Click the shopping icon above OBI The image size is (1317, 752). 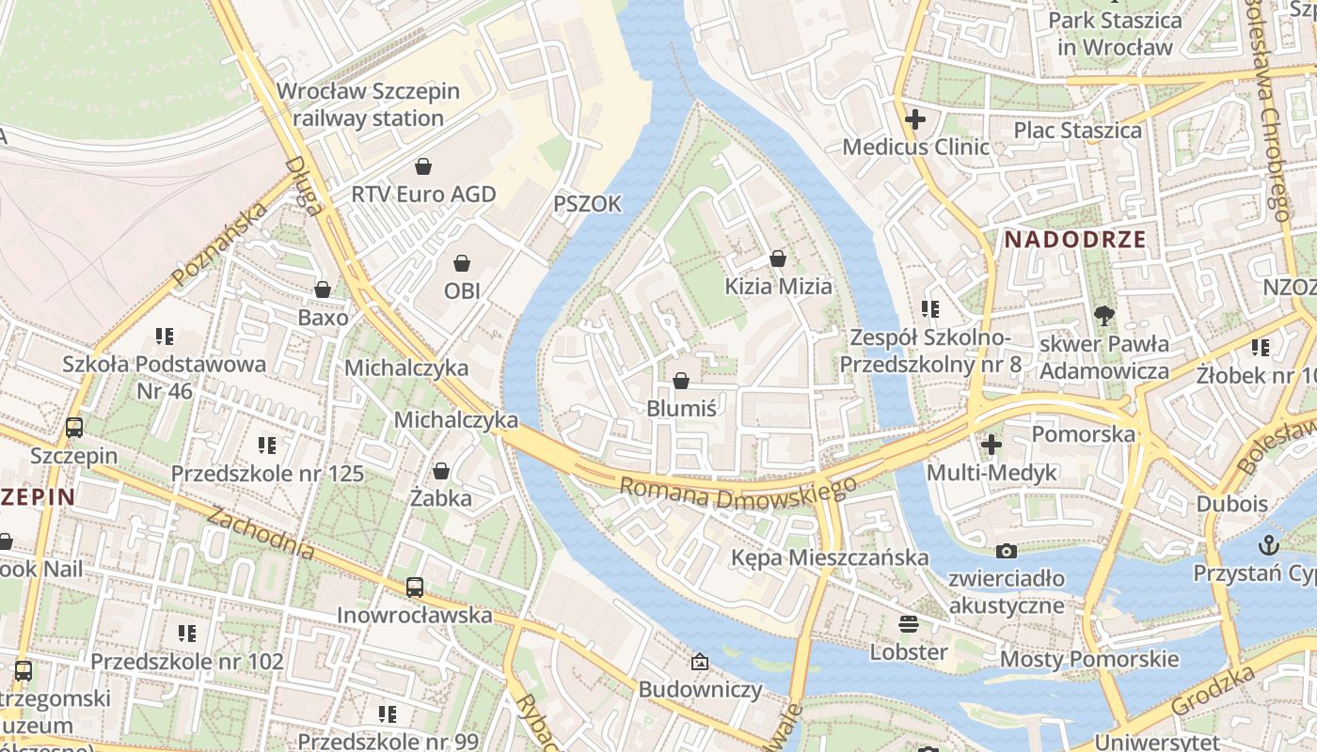click(x=462, y=263)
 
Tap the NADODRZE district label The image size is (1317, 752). click(x=1075, y=239)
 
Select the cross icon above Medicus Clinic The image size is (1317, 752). click(x=914, y=119)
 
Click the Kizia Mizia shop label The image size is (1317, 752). click(x=778, y=286)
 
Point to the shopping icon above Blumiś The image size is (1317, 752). click(x=681, y=381)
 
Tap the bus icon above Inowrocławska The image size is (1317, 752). click(x=415, y=587)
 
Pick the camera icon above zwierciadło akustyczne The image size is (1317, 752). click(x=1007, y=551)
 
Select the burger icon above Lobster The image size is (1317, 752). click(x=909, y=623)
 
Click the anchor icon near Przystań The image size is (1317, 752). click(x=1269, y=545)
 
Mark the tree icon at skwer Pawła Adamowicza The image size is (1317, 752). click(x=1104, y=316)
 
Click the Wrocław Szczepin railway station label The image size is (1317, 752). click(x=368, y=104)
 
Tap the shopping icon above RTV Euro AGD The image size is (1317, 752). click(x=423, y=166)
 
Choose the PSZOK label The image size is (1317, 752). click(x=587, y=204)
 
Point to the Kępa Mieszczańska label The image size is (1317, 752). click(x=830, y=557)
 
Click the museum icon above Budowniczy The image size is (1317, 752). click(x=700, y=662)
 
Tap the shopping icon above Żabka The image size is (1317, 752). click(x=440, y=470)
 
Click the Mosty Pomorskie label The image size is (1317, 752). click(x=1088, y=658)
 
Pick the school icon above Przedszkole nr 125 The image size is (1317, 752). click(x=267, y=445)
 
